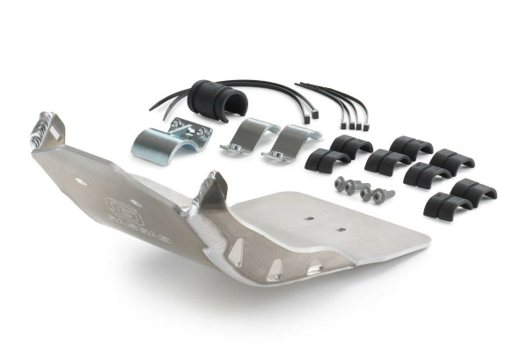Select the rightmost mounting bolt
(385, 195)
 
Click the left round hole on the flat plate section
(307, 214)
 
